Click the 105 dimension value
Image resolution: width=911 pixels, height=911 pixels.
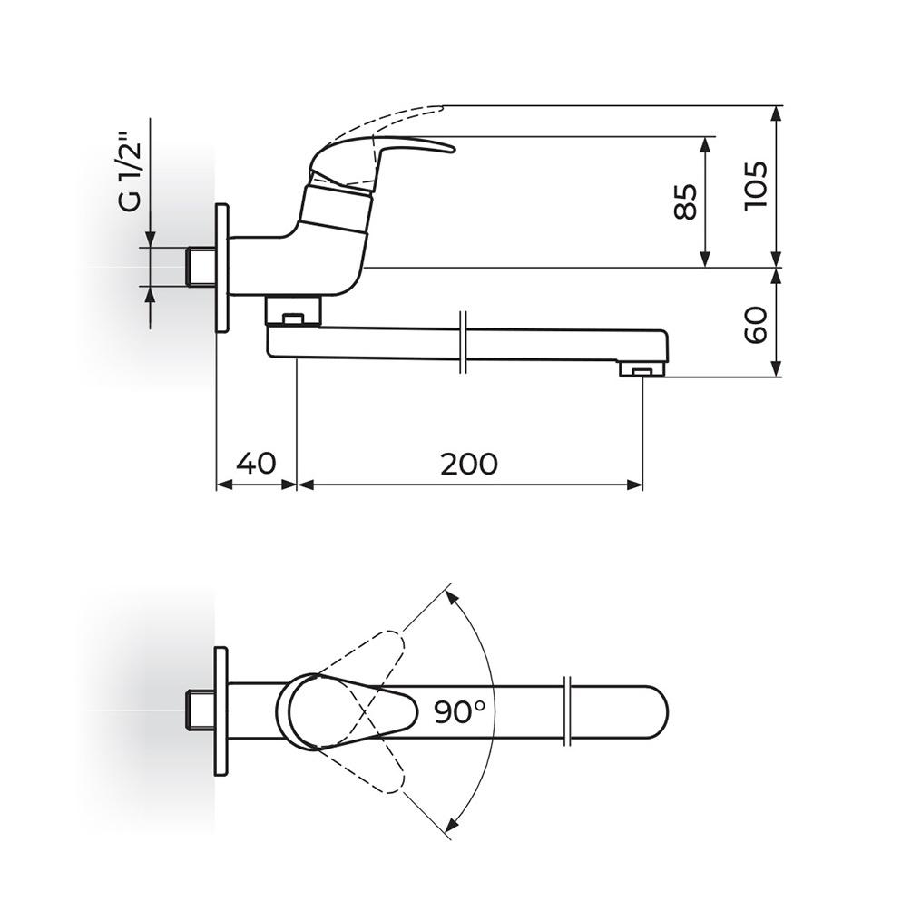pos(756,186)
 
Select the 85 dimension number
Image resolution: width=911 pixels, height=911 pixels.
pos(686,202)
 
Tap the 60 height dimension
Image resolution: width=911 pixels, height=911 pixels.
pos(756,326)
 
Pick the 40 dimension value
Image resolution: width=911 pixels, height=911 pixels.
pos(256,463)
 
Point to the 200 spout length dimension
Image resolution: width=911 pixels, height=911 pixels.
pos(469,464)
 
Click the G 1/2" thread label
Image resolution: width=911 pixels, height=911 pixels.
pos(130,173)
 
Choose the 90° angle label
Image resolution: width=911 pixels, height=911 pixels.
pos(460,711)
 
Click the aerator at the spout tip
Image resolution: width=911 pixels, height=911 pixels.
pos(642,369)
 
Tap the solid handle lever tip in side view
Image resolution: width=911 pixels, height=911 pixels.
pos(450,150)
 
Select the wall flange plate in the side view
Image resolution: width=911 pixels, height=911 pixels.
pos(222,268)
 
